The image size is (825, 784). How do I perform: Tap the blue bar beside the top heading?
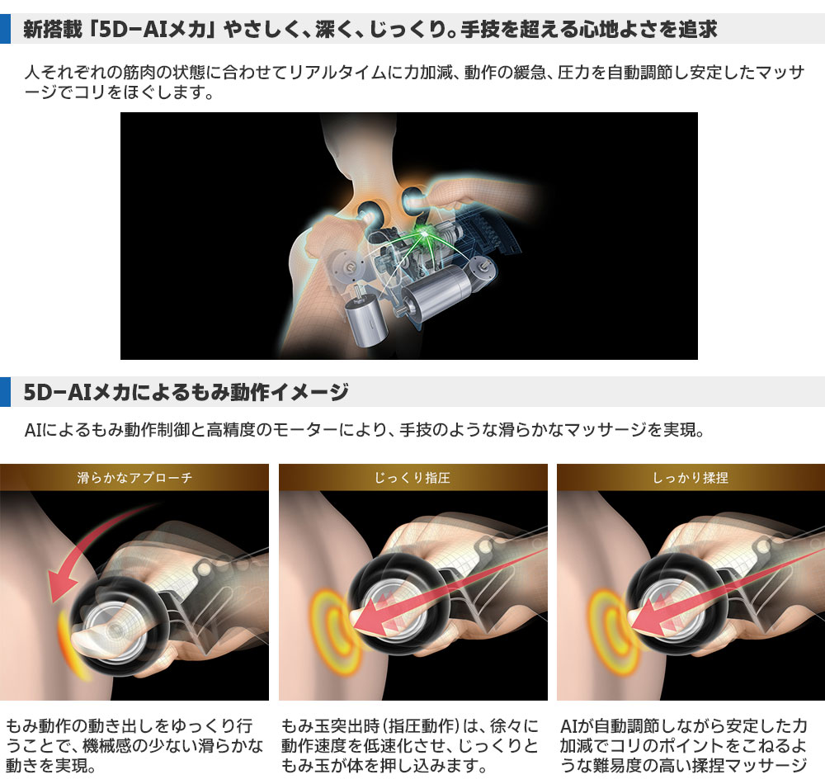click(x=5, y=28)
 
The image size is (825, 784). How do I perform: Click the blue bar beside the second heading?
click(x=5, y=392)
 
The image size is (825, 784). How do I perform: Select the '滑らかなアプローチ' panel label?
click(x=134, y=478)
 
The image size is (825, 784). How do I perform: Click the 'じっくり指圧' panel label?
click(x=412, y=478)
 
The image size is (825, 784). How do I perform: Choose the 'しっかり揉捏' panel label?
click(x=691, y=478)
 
